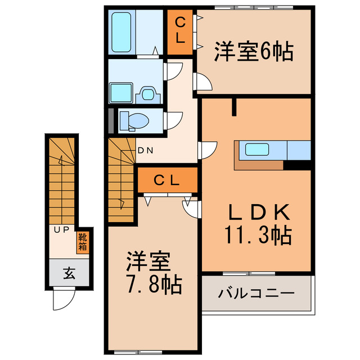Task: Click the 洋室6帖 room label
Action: pos(253,53)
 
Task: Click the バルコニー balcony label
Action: pos(256,293)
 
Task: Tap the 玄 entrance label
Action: pos(69,274)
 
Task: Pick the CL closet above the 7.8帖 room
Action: pos(166,181)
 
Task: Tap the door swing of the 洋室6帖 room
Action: pos(203,82)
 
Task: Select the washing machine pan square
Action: pos(120,92)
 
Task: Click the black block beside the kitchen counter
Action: pos(298,165)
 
